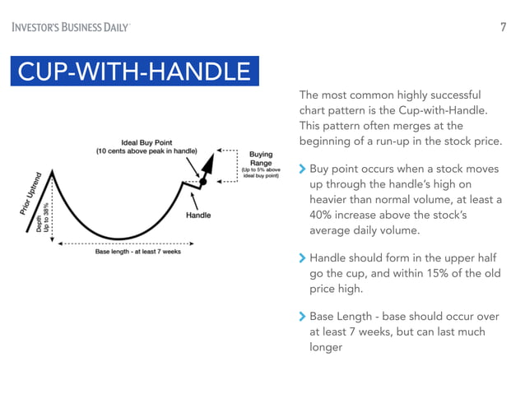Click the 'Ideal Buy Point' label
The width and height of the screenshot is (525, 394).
(x=153, y=141)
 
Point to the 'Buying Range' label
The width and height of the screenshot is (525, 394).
(x=261, y=159)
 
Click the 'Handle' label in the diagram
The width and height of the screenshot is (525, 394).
(x=198, y=216)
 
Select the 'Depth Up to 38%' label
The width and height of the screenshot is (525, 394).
(x=43, y=218)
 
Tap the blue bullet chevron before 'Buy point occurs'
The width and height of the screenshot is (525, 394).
(x=302, y=169)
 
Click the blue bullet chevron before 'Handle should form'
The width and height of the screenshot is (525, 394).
(x=302, y=259)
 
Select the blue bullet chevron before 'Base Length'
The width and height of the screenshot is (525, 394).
(x=302, y=317)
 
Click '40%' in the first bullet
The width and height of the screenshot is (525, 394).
(x=324, y=216)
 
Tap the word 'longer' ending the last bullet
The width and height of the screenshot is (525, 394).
(x=326, y=347)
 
